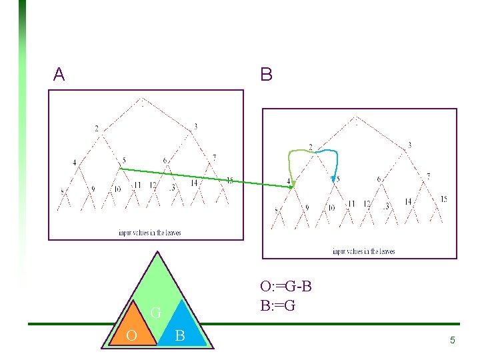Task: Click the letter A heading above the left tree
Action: pos(59,75)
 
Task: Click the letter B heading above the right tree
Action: pos(266,75)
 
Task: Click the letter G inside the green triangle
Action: pos(155,312)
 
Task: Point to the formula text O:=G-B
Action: pos(286,287)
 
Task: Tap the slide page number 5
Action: pos(452,341)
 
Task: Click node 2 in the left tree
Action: pos(97,128)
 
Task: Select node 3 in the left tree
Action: pos(196,127)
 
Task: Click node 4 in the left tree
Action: pos(75,162)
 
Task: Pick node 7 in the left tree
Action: pos(214,158)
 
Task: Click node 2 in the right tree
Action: pos(310,147)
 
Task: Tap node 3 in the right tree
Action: pos(409,145)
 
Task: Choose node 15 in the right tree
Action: pos(443,199)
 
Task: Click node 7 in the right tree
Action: pos(428,176)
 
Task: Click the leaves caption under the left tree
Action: pos(149,233)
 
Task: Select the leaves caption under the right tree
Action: pos(363,251)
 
